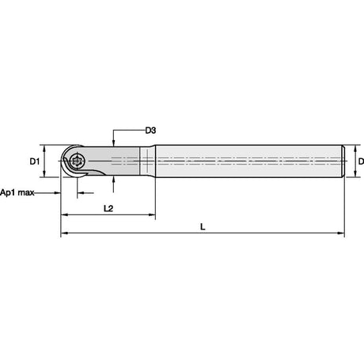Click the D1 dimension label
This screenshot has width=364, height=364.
point(35,161)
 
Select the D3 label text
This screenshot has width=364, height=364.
point(150,131)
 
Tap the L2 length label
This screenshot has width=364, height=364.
point(108,208)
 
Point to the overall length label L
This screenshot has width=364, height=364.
point(203,226)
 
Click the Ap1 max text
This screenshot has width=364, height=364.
point(17,192)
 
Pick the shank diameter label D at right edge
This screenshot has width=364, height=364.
point(361,161)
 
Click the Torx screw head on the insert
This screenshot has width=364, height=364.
point(76,161)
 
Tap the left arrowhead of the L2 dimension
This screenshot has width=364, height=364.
point(64,215)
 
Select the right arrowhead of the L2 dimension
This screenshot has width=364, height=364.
point(152,215)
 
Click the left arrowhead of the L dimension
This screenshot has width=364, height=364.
point(64,233)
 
